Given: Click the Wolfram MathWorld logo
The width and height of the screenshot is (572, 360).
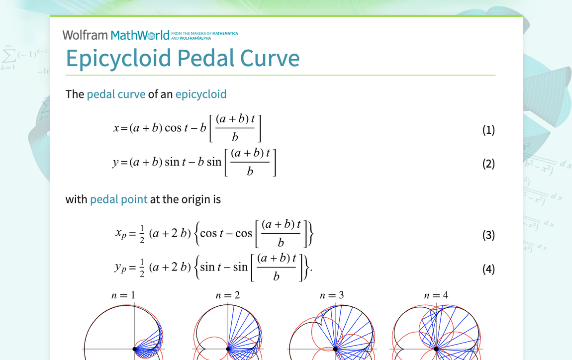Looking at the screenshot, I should [x=116, y=35].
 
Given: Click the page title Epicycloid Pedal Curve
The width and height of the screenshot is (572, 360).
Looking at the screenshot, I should [x=183, y=58].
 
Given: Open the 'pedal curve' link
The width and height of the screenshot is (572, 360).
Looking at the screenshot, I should [x=116, y=94].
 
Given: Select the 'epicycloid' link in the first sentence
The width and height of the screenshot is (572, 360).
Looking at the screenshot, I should [x=200, y=94].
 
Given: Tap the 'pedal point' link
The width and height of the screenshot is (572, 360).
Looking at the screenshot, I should [x=118, y=199].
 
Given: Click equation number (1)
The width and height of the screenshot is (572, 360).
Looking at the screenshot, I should [x=488, y=130].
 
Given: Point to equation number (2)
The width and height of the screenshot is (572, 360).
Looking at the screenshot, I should [x=488, y=164].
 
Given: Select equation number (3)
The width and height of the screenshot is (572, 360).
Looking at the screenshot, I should [x=488, y=235].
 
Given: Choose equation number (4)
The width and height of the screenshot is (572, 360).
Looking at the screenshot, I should [x=488, y=269].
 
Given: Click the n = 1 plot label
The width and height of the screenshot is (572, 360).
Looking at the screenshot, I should [x=123, y=295].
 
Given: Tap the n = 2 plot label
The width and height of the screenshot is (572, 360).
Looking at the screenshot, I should [x=228, y=295].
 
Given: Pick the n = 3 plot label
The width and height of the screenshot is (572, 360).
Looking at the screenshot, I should [x=332, y=295].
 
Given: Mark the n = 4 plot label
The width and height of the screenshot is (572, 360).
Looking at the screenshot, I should [x=436, y=295].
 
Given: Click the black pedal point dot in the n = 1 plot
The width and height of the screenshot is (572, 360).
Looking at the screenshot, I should [x=135, y=349].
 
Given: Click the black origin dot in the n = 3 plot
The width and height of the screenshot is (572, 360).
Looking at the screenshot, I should [x=335, y=349].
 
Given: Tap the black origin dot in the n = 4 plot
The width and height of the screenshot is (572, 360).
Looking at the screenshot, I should [x=436, y=349].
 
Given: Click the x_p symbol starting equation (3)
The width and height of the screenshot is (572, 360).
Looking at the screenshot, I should [x=121, y=233].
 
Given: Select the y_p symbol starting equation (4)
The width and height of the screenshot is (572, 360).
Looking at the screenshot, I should [x=120, y=267].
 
